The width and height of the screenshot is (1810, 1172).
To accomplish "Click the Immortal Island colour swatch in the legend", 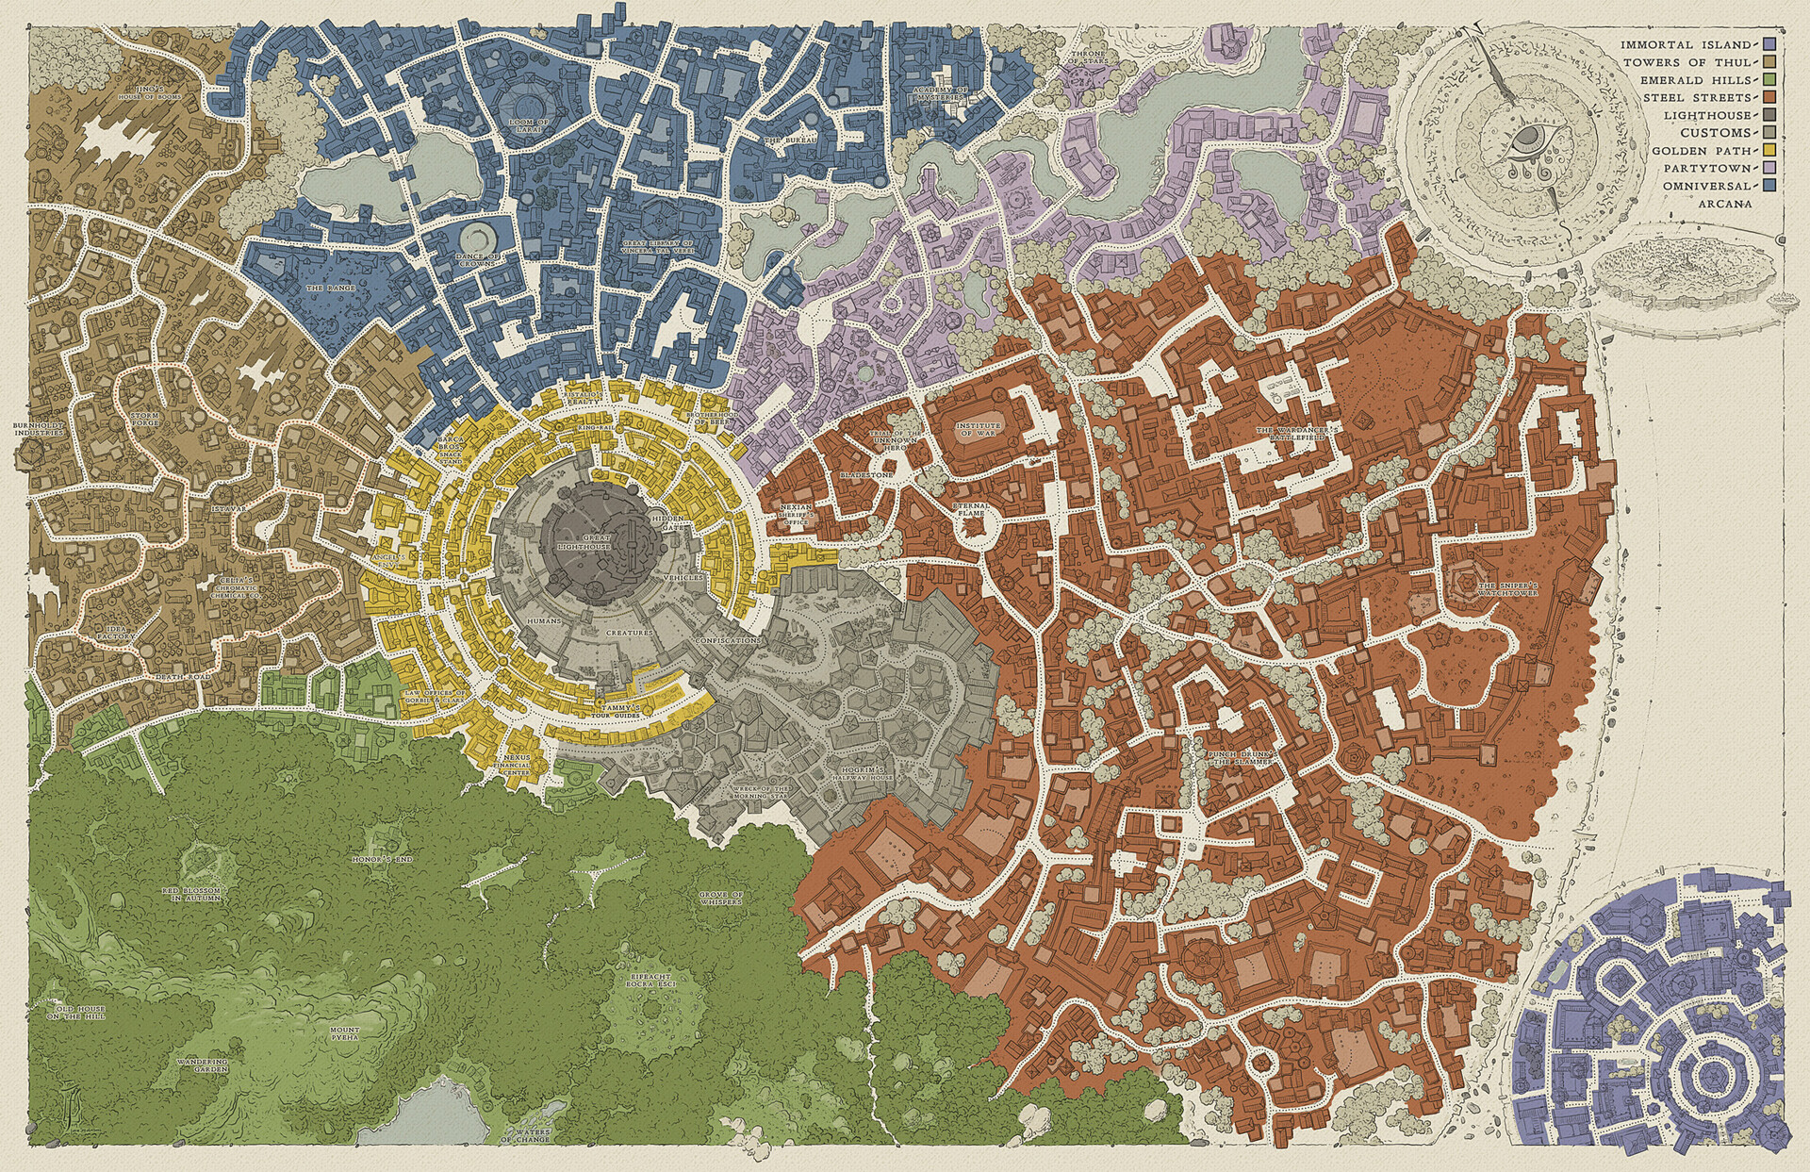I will point(1770,45).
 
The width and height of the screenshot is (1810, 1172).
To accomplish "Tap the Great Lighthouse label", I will point(597,540).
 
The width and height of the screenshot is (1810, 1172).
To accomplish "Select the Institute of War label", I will point(978,431).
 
